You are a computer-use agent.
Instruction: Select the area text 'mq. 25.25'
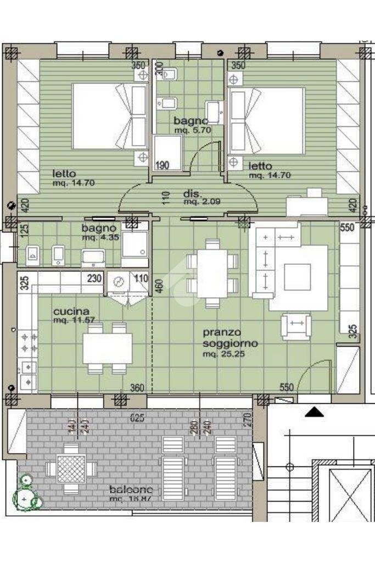(x=223, y=354)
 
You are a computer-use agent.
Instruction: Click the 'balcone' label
(x=131, y=489)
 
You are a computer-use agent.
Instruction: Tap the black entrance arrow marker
(x=314, y=411)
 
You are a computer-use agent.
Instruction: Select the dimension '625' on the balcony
(x=137, y=418)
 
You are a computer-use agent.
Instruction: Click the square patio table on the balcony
(x=71, y=469)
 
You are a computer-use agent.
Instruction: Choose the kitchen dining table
(x=108, y=348)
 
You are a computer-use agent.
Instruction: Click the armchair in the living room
(x=296, y=326)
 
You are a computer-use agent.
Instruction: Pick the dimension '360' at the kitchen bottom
(x=137, y=388)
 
